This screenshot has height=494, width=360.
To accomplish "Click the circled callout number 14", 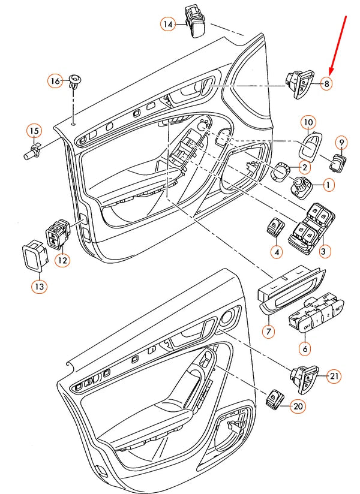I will [x=167, y=24].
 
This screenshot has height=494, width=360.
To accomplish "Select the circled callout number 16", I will [x=56, y=81].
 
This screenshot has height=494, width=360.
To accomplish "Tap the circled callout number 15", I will [x=34, y=131].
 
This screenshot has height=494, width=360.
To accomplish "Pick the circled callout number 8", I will [x=326, y=84].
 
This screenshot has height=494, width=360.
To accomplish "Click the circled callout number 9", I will [x=342, y=143].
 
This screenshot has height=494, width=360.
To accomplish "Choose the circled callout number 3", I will [x=325, y=252].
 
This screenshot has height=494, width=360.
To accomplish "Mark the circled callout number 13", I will [x=39, y=287].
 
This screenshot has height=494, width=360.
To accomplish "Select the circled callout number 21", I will [x=334, y=376].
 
